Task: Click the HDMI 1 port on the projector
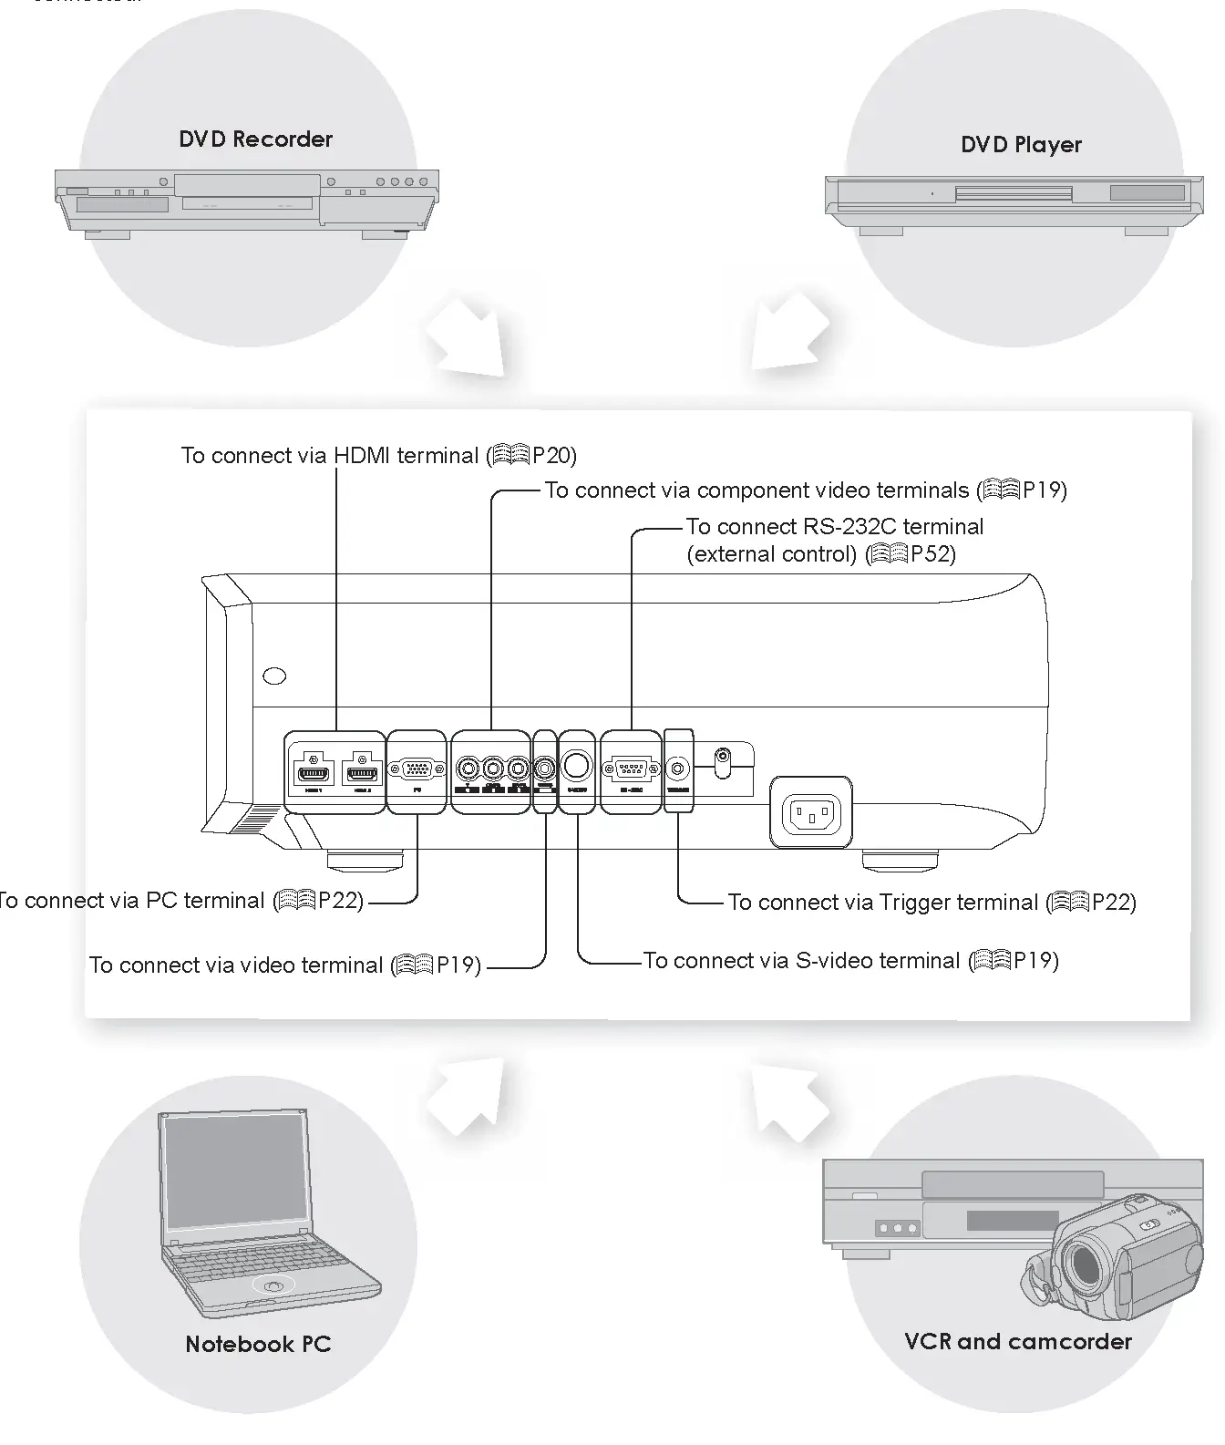coord(314,774)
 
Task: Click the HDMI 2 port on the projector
coord(362,774)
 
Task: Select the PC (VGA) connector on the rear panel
coord(417,769)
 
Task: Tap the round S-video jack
coord(576,765)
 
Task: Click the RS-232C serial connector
coord(631,769)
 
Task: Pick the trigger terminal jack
coord(678,768)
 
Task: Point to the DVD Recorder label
coord(255,139)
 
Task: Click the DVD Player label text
coord(1021,145)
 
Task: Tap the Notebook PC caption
coord(258,1344)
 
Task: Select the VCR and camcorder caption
coord(1018,1341)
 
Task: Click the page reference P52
coord(932,554)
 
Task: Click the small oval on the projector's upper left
coord(274,676)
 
